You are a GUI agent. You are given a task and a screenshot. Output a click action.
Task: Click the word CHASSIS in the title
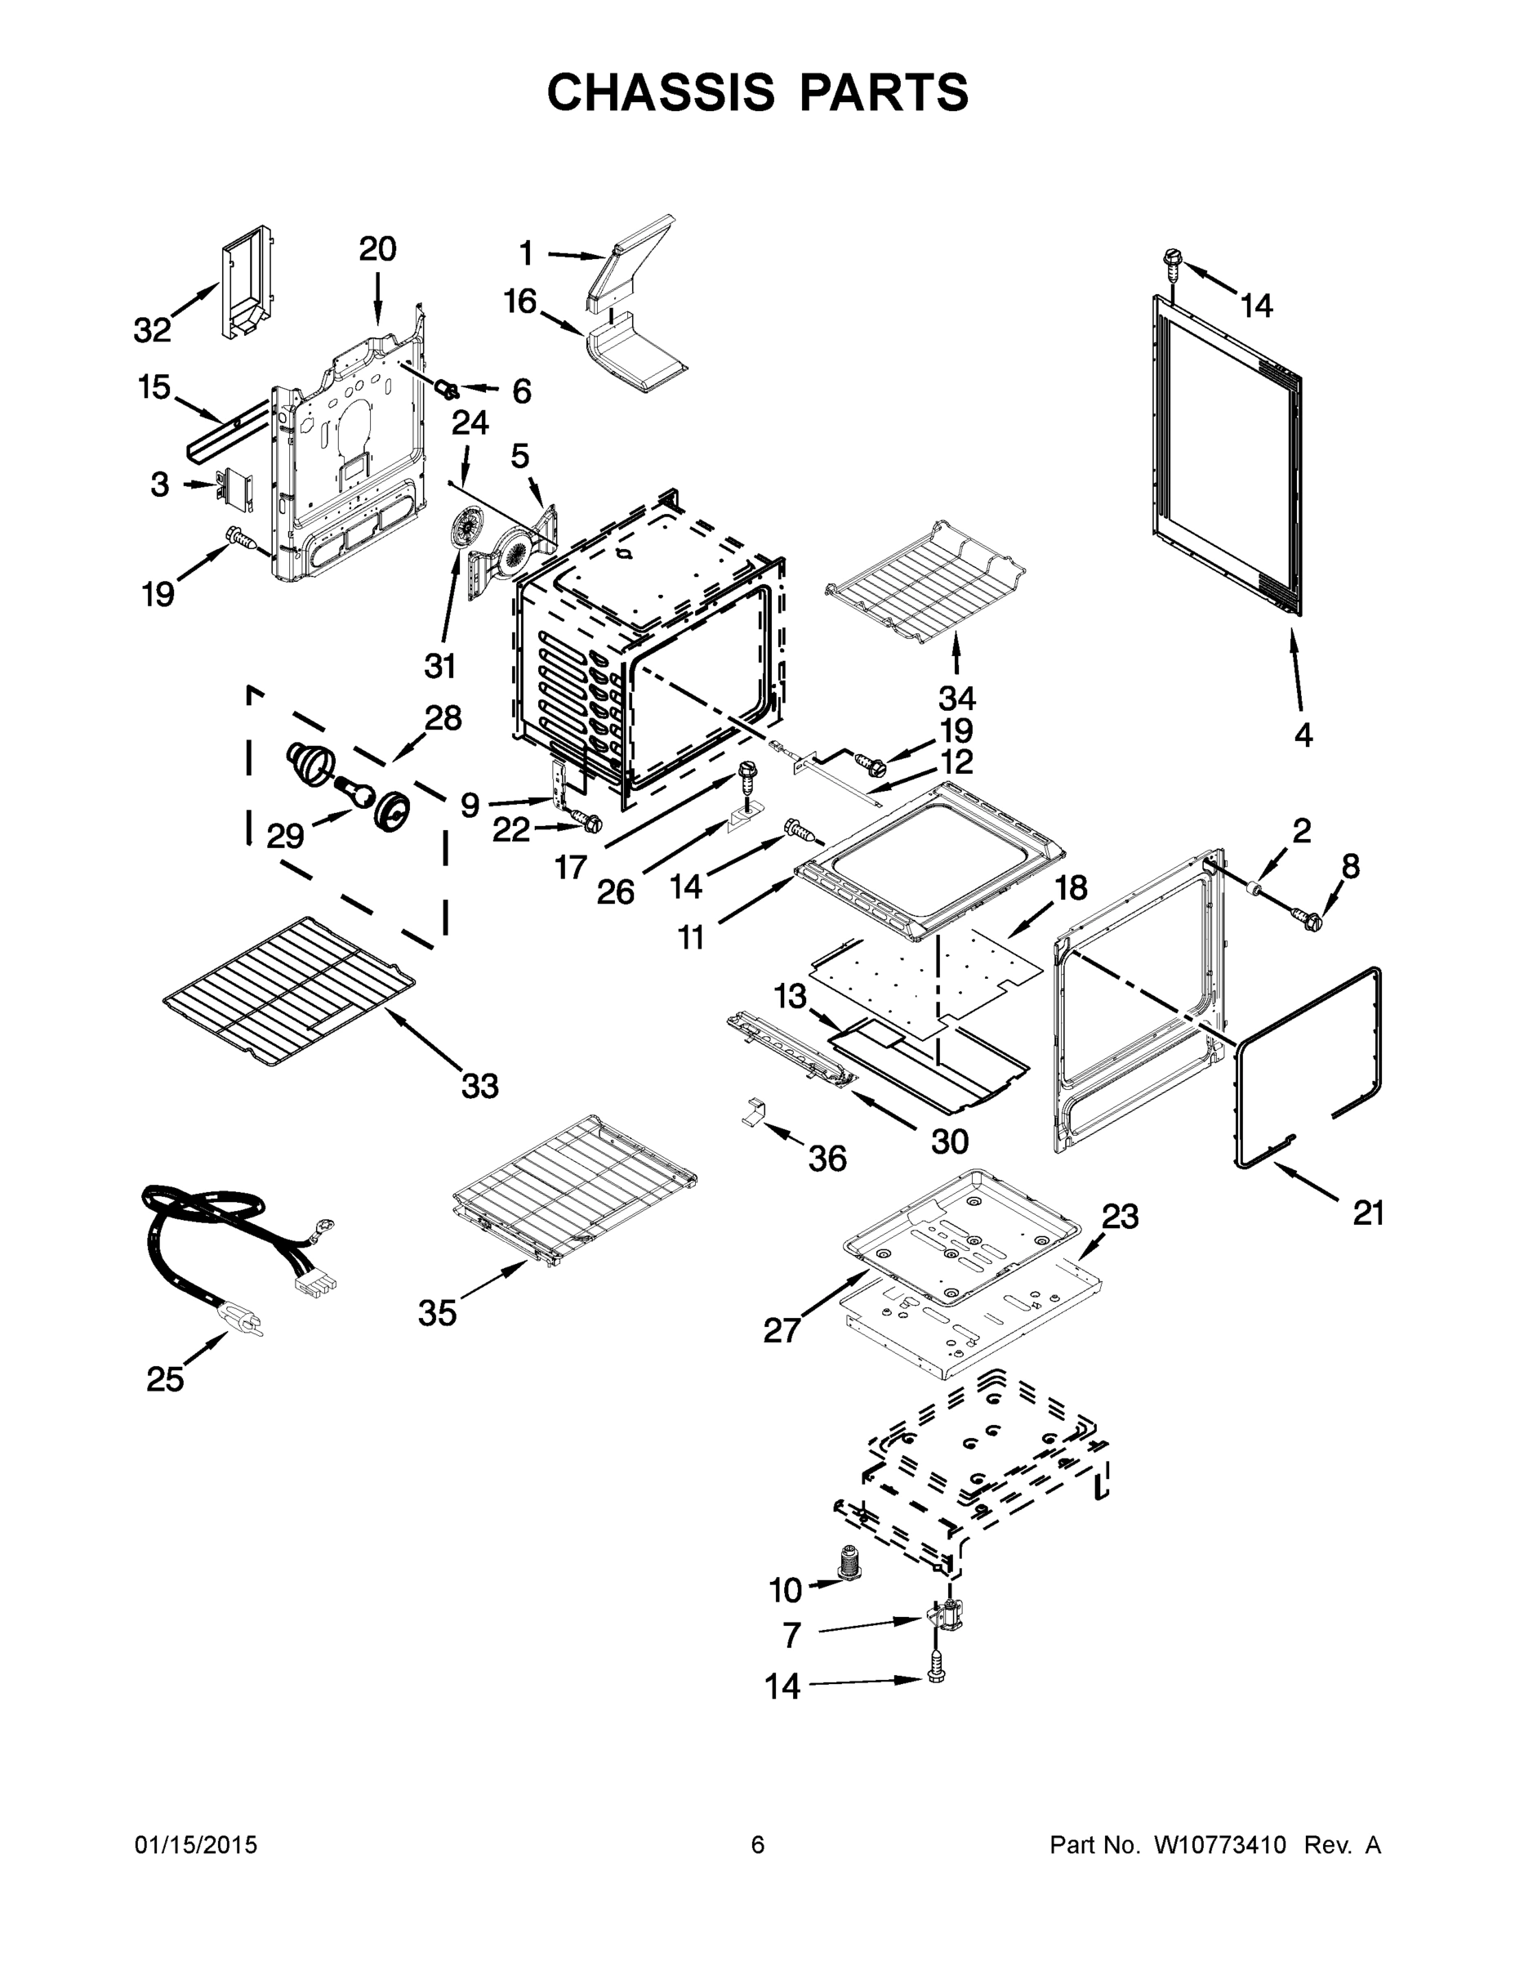tap(661, 92)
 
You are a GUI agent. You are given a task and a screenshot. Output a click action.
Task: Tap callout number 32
tap(152, 330)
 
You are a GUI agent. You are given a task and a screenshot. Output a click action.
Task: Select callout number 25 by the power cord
tap(165, 1378)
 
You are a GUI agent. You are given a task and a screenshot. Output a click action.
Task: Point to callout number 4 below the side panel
tap(1303, 735)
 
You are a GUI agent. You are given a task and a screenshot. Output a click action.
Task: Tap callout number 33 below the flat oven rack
tap(479, 1087)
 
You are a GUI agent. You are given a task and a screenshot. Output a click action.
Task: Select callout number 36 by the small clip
tap(827, 1159)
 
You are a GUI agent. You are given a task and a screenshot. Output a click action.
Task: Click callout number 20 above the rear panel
tap(377, 248)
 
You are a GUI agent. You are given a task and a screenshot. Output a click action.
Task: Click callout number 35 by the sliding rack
tap(437, 1314)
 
